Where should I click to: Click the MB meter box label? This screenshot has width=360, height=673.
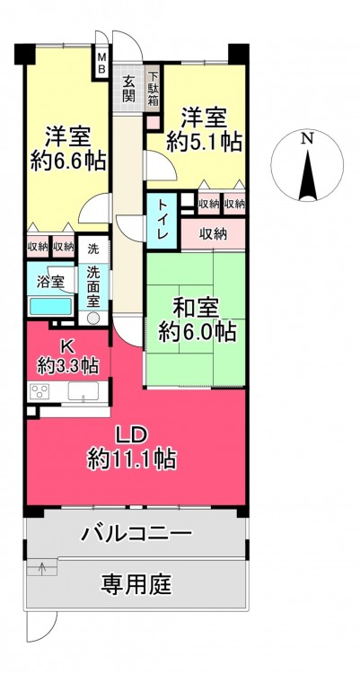101,63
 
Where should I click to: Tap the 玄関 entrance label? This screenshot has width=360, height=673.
128,89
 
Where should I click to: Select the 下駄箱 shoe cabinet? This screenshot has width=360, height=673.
153,89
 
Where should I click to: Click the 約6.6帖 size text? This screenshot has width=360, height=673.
68,162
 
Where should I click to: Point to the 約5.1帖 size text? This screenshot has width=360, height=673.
204,142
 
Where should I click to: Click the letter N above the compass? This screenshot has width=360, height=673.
306,138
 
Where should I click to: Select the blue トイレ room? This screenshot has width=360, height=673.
162,221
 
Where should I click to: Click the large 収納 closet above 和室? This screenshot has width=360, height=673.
213,234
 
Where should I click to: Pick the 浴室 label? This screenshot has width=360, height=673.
51,282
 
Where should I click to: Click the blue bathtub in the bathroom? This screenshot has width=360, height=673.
50,307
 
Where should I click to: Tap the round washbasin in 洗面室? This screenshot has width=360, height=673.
93,318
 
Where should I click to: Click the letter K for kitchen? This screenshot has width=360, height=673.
69,346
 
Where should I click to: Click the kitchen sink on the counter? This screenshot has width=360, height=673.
83,391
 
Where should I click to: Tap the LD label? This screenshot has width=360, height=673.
133,435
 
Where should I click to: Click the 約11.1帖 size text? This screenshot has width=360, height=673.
132,459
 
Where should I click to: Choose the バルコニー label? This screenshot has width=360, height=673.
136,534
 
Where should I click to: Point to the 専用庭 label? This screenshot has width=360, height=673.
136,584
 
